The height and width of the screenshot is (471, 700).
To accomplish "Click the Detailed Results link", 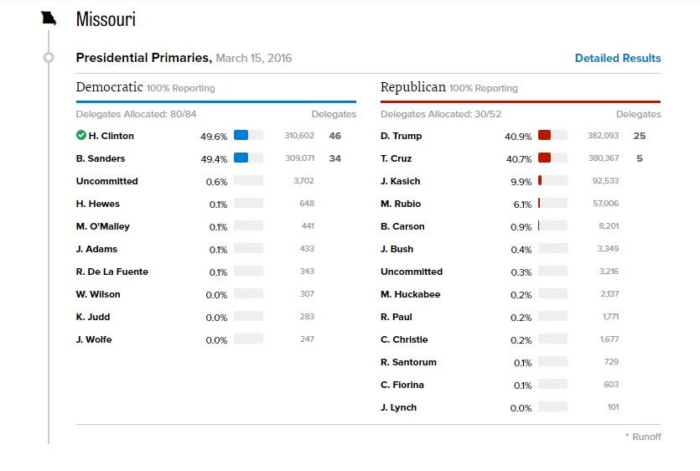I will (617, 59).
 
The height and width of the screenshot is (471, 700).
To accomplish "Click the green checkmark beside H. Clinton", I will (81, 136).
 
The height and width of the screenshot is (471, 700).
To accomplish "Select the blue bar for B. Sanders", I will (241, 158).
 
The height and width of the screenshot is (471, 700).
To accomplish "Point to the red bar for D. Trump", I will (544, 136).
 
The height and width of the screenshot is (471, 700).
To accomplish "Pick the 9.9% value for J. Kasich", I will (521, 181).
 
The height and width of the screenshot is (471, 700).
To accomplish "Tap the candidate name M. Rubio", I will (401, 204).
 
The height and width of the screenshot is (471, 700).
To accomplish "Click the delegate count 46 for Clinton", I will (335, 136).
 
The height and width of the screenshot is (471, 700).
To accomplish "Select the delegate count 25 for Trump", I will (640, 136).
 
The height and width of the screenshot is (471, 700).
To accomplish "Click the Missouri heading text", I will (106, 19).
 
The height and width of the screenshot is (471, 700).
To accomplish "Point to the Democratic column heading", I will (109, 87).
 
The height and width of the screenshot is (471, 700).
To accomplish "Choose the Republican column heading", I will (412, 87).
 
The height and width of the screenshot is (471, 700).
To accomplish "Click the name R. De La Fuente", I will (111, 272).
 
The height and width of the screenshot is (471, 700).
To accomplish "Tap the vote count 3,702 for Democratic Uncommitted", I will (304, 181).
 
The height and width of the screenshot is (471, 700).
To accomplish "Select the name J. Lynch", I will (398, 407).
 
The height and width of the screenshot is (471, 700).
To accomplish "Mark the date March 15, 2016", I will (254, 59).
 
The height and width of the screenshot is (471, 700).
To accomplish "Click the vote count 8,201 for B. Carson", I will (609, 226).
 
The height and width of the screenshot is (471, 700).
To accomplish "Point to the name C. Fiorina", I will (402, 385).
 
